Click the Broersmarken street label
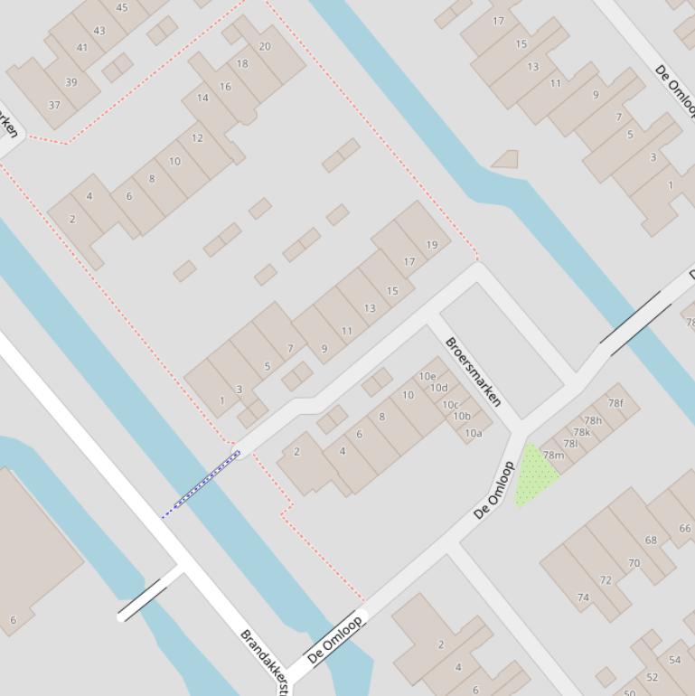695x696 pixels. coord(473,372)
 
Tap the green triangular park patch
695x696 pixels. coord(534,475)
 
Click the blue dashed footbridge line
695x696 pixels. coord(202,484)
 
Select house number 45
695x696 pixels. coord(122,7)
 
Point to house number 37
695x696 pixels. coord(54,105)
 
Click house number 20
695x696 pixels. coord(265,46)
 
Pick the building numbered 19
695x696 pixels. coord(432,244)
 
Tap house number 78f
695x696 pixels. coord(615,403)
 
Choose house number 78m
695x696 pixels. coord(553,455)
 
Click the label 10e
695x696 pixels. coord(427,376)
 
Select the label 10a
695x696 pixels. coord(474,433)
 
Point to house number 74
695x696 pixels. coord(583,597)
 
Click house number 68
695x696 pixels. coord(651,540)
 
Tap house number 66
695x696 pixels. coord(685,528)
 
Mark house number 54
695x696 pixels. coord(675,660)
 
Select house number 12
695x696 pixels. coord(197,138)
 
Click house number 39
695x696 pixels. coord(70,81)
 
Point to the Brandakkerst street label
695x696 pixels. coord(264,656)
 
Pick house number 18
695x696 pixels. coord(242,63)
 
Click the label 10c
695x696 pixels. coord(450,404)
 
